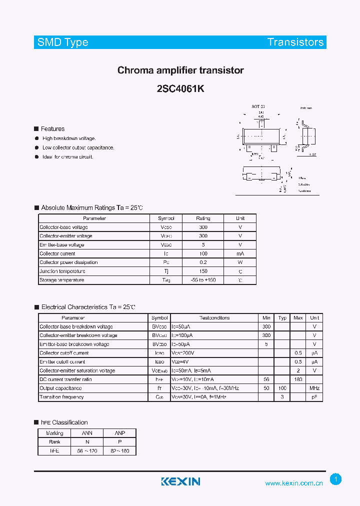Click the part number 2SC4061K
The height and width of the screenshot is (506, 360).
pos(180,88)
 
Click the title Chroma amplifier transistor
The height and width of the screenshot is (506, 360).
pos(180,70)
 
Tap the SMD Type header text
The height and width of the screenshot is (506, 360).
pos(62,42)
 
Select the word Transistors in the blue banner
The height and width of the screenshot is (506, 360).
pos(295,42)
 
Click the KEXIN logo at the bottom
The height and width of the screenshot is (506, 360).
pos(180,481)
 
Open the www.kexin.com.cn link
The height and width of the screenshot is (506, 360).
pos(294,483)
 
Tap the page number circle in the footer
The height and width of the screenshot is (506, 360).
pos(336,479)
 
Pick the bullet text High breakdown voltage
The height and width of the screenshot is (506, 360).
pos(69,138)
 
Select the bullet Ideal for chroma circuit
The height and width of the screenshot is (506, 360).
pos(68,156)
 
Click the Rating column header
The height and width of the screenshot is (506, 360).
pos(203,218)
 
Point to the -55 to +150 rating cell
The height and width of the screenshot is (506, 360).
pos(203,280)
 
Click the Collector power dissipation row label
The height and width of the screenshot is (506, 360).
pos(68,262)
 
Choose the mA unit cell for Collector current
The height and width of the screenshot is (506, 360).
pos(240,253)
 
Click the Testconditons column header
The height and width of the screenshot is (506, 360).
pos(214,318)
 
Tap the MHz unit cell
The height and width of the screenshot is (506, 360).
pos(314,388)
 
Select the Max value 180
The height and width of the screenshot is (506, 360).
pos(298,379)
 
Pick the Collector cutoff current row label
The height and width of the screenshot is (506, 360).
pos(64,353)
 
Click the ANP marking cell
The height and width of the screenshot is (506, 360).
pos(119,433)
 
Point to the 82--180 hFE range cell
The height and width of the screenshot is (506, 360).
pos(119,450)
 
